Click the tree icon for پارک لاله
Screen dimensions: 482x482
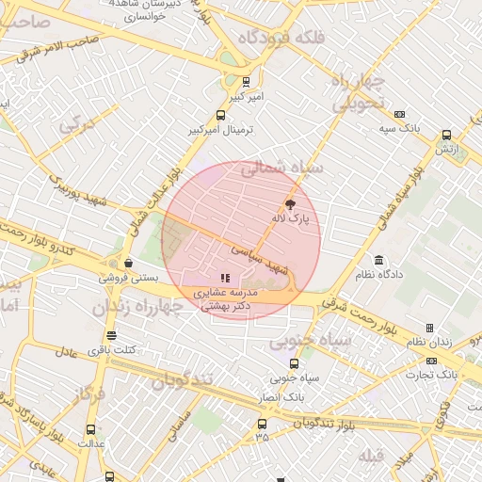290,203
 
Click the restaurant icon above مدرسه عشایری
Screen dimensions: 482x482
224,278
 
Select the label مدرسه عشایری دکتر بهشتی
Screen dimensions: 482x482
223,299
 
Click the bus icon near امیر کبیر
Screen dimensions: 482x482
247,83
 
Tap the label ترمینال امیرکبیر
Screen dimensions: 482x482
221,129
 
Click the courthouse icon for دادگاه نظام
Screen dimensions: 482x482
378,261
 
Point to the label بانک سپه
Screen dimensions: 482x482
399,127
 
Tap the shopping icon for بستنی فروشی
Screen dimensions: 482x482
128,264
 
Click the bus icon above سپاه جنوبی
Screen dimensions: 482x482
295,363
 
